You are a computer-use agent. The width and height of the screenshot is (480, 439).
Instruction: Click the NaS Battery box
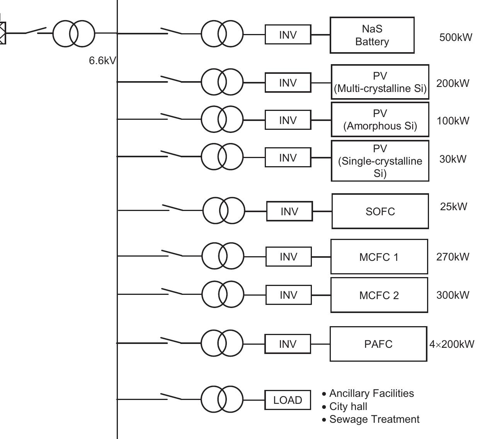pos(372,35)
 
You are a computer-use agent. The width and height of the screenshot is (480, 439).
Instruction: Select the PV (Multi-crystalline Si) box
pos(380,82)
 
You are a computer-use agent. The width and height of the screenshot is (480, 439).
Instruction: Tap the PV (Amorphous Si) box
pos(380,120)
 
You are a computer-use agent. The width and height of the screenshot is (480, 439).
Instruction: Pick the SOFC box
pos(380,211)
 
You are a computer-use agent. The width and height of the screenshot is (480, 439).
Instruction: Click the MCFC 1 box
pos(379,257)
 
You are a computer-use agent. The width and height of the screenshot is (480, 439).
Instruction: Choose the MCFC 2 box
pos(379,295)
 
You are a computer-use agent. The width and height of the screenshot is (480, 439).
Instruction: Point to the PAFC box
pos(378,344)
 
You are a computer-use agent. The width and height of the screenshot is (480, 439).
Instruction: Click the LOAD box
pos(288,400)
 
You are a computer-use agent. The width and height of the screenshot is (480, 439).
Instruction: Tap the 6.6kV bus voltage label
pos(102,61)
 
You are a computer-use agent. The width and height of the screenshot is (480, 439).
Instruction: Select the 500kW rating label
pos(455,37)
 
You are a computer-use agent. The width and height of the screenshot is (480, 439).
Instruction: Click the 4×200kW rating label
pos(451,344)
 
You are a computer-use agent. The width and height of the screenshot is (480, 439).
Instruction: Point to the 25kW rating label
pos(453,206)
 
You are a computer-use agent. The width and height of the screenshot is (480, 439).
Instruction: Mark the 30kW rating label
pos(453,159)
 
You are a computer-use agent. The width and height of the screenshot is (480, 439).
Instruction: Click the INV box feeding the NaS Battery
pos(288,35)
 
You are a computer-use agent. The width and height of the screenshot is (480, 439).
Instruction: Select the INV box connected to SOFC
pos(289,211)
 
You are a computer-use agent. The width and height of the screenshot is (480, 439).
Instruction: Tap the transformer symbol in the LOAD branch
pos(222,399)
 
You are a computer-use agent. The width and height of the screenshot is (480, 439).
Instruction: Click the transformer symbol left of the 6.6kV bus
pos(73,33)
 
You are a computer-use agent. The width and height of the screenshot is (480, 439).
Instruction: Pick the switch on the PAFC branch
pos(171,341)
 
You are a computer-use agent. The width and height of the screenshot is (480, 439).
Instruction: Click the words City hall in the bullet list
pos(348,407)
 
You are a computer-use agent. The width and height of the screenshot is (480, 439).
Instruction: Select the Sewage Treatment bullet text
pos(374,419)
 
